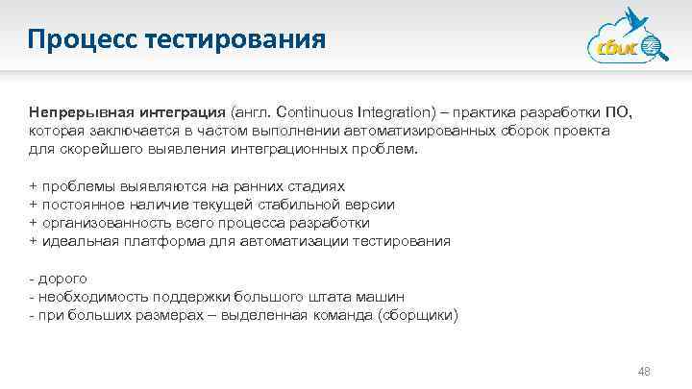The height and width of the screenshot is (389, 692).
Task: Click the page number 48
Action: click(x=645, y=371)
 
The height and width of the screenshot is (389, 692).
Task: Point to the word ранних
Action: click(x=260, y=185)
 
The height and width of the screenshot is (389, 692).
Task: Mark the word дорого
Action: click(x=62, y=278)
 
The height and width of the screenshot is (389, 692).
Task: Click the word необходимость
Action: click(x=83, y=296)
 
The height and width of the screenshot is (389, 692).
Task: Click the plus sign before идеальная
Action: click(x=34, y=241)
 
